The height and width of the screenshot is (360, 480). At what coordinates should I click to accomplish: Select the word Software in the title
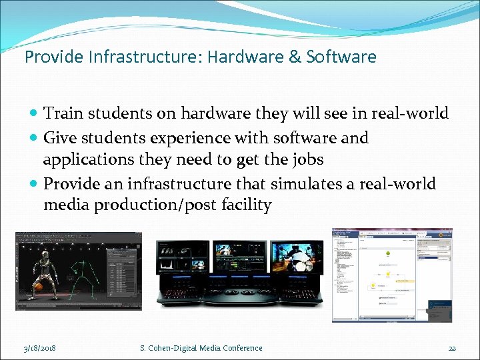click(341, 57)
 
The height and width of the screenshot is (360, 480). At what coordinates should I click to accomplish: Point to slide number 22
click(451, 347)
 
